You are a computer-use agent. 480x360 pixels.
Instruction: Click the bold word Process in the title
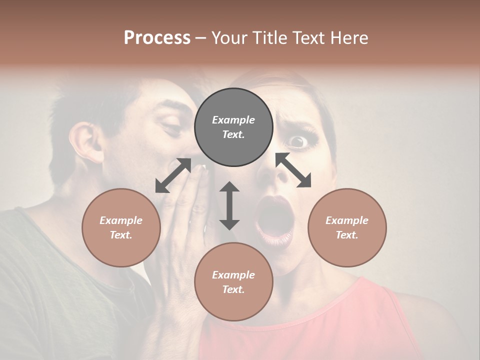(157, 38)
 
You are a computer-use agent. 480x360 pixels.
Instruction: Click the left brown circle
(121, 227)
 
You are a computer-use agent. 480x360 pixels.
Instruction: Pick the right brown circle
(347, 227)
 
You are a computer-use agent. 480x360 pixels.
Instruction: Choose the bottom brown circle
(233, 281)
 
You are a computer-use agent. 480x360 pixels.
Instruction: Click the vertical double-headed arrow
(229, 205)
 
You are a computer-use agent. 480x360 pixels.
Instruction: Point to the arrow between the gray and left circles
(173, 175)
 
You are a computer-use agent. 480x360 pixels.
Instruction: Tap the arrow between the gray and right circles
(293, 170)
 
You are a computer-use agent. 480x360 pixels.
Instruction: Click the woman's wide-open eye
(298, 142)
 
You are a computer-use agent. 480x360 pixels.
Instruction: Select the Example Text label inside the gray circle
(233, 127)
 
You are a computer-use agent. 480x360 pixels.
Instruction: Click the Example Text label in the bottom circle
(233, 282)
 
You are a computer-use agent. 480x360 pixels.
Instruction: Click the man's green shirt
(60, 290)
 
